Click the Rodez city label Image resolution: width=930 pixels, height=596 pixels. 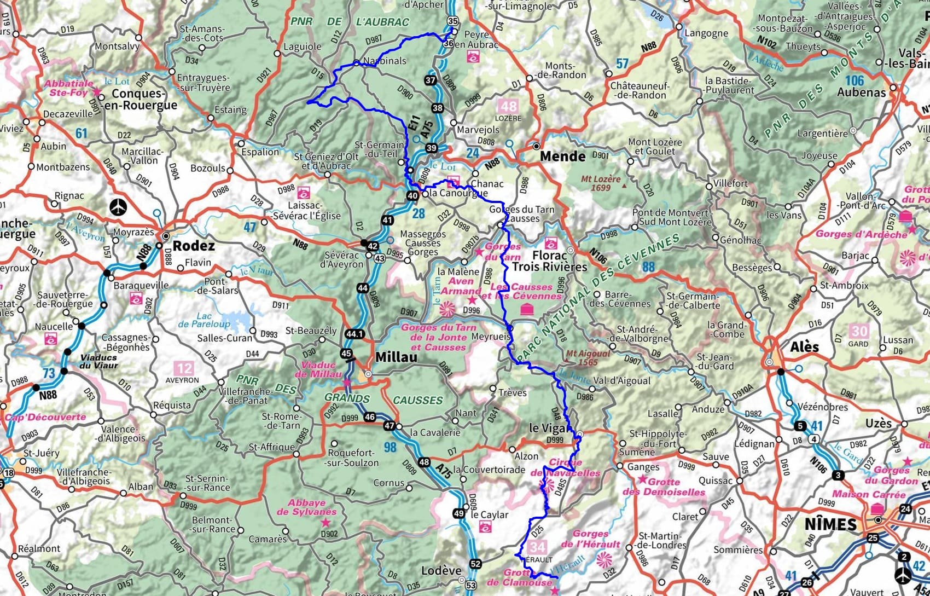click(x=193, y=246)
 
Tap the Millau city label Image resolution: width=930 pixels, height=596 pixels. click(x=396, y=357)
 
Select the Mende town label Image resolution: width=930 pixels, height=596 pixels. click(x=562, y=157)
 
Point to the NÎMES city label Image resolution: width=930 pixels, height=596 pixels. click(x=830, y=524)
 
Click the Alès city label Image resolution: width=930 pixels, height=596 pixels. click(x=804, y=346)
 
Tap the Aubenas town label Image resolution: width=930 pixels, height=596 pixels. click(x=861, y=92)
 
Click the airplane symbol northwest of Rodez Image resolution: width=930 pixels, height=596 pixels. click(x=118, y=207)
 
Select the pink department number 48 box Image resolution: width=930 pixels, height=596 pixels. click(x=508, y=106)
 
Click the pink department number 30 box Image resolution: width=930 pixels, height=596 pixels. click(x=859, y=331)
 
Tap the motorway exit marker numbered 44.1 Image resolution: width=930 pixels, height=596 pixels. click(x=354, y=333)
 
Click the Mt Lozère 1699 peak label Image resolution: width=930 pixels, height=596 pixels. click(x=601, y=183)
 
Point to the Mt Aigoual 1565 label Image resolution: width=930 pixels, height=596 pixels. click(x=588, y=357)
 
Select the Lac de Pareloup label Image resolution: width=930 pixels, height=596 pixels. click(x=204, y=320)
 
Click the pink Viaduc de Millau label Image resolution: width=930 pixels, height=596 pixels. click(x=318, y=369)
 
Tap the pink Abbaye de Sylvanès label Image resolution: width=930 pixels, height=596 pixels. click(x=306, y=507)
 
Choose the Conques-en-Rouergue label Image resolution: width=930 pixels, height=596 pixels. click(x=144, y=99)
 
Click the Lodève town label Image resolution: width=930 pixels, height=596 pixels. click(x=441, y=570)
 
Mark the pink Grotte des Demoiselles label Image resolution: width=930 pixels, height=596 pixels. click(x=664, y=487)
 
